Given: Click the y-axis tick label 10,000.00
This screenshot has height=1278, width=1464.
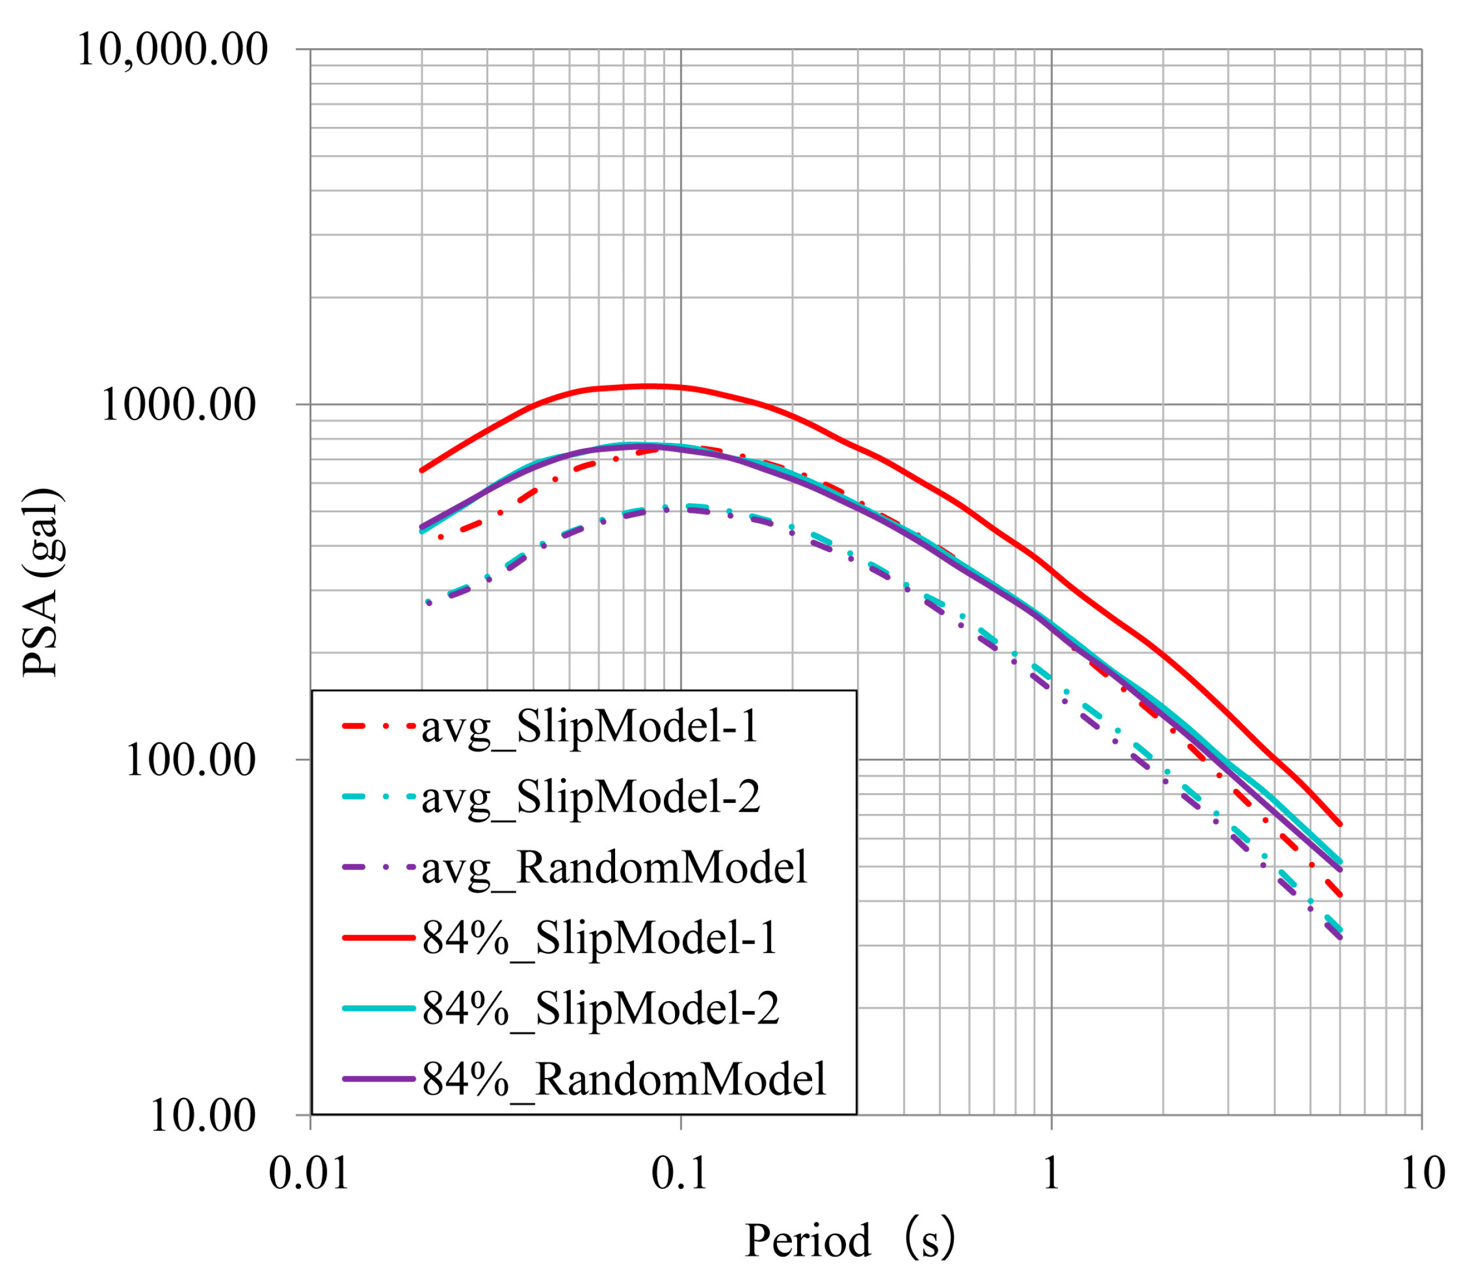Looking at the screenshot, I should click(172, 50).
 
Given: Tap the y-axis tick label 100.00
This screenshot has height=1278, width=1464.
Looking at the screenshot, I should click(191, 760).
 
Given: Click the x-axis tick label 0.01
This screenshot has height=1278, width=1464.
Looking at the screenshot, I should click(310, 1173).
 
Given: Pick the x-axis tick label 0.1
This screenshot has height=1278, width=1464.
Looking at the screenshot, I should click(679, 1173).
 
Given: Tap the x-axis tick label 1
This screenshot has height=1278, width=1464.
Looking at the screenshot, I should click(1051, 1173).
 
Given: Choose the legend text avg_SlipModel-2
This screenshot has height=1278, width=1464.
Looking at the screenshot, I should click(591, 797).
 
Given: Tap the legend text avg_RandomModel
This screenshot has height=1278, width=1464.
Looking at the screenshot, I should click(614, 867).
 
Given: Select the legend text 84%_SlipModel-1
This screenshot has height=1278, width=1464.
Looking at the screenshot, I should click(600, 937).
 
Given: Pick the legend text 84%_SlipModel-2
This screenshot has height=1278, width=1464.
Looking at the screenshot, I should click(600, 1007).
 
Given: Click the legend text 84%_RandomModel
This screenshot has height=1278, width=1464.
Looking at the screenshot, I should click(624, 1078).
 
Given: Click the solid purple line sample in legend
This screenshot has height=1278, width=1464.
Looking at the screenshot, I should click(378, 1078).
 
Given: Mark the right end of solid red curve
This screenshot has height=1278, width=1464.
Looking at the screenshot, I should click(1341, 824).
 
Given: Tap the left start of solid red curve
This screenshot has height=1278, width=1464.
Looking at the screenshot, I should click(422, 470).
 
